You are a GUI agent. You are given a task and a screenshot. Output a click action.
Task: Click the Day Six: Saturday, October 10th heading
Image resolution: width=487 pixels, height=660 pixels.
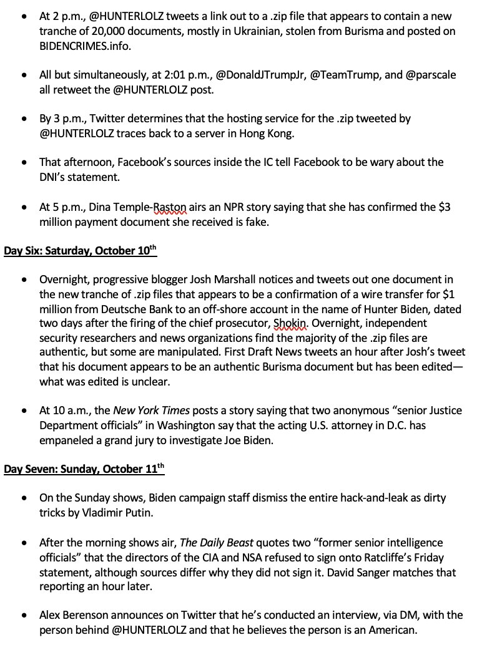[x=81, y=251]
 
